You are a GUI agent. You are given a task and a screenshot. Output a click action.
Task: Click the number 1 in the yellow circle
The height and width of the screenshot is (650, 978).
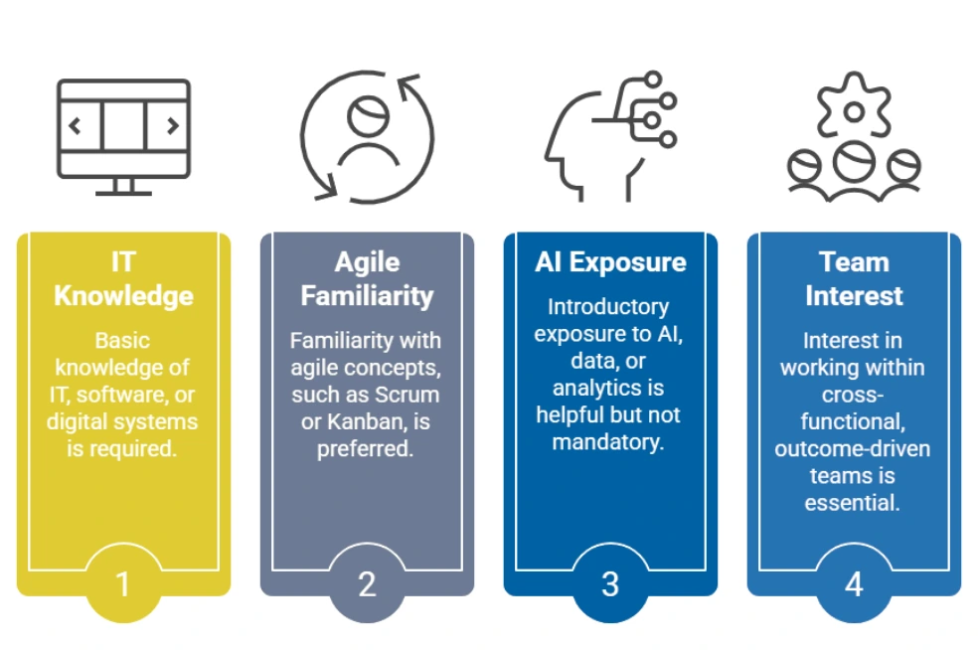[x=123, y=584]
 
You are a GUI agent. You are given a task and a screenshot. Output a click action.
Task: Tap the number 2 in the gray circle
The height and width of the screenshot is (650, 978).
[x=367, y=584]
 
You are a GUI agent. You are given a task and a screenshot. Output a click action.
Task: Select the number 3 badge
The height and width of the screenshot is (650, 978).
[x=610, y=584]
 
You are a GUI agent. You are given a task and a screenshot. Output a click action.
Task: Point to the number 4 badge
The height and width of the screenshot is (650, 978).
[x=854, y=584]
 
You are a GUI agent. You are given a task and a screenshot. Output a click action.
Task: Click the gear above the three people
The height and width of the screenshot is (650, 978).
[x=854, y=104]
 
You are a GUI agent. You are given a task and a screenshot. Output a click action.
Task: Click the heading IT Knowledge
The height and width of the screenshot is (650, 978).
[x=123, y=279]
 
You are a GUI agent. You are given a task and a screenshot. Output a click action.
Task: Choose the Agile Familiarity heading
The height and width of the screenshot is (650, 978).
[x=367, y=279]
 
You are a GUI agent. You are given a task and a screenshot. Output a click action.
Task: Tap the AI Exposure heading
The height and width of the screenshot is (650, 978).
[x=610, y=262]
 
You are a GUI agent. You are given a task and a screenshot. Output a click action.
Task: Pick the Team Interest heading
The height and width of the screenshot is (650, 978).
[x=854, y=279]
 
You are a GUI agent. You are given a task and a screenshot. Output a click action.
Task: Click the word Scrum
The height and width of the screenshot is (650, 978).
[x=409, y=395]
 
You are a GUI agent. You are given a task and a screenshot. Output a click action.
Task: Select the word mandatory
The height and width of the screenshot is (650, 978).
[x=608, y=442]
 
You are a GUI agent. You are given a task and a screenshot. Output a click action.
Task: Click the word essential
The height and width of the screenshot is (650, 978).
[x=852, y=503]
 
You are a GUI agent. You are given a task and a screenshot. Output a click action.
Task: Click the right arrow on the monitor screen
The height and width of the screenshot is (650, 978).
[x=173, y=126]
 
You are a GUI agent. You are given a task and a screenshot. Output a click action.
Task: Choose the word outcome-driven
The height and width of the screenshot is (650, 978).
[x=852, y=448]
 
